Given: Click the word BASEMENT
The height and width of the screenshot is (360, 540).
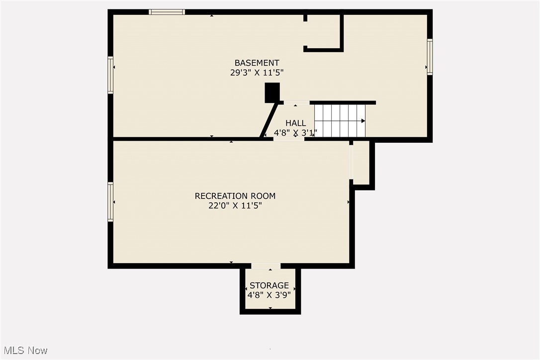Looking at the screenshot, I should pyautogui.click(x=257, y=63).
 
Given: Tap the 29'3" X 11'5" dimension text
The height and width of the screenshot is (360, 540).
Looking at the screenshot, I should pyautogui.click(x=257, y=73).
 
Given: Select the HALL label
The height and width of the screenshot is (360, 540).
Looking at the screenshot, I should pyautogui.click(x=295, y=123).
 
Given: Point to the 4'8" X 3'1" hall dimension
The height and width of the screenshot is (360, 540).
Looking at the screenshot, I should pyautogui.click(x=295, y=133).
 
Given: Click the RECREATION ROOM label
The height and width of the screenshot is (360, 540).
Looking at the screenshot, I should pyautogui.click(x=235, y=196).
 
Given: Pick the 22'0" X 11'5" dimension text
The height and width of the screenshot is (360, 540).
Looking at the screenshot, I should pyautogui.click(x=235, y=205).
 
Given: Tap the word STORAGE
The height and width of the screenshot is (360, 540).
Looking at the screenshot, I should pyautogui.click(x=269, y=285).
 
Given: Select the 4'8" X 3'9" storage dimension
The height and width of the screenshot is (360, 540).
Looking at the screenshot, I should pyautogui.click(x=269, y=294).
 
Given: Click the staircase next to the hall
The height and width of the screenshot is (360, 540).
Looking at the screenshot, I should pyautogui.click(x=340, y=120).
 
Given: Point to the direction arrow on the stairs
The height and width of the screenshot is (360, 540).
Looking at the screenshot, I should pyautogui.click(x=363, y=121).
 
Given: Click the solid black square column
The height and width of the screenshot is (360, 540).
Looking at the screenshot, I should pyautogui.click(x=272, y=93).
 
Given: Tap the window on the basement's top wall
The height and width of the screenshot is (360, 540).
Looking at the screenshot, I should pyautogui.click(x=167, y=12).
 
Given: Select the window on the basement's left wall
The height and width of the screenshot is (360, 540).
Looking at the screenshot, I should pyautogui.click(x=111, y=75).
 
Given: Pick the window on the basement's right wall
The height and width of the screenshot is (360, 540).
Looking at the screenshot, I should pyautogui.click(x=430, y=57).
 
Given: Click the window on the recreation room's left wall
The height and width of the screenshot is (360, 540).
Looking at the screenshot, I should pyautogui.click(x=111, y=201).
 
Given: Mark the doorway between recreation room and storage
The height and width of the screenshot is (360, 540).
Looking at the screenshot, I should pyautogui.click(x=266, y=266).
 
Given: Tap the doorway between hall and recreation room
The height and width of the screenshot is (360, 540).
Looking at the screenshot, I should pyautogui.click(x=289, y=139).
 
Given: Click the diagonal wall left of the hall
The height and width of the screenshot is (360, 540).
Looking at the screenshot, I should pyautogui.click(x=269, y=120).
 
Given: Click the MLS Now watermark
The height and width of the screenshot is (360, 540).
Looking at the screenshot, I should pyautogui.click(x=24, y=351).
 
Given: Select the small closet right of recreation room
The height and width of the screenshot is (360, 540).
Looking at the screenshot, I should pyautogui.click(x=360, y=162).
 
